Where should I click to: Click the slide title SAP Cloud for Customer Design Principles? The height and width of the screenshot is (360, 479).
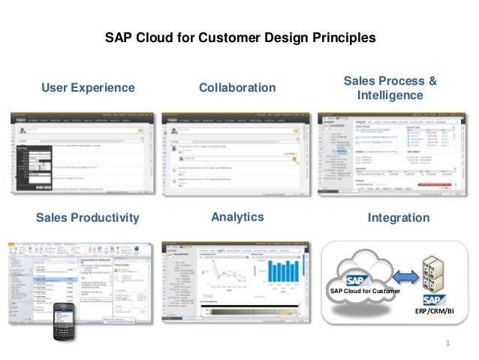239,37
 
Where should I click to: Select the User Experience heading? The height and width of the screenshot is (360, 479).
88,89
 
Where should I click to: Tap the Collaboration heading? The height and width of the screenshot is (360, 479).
237,89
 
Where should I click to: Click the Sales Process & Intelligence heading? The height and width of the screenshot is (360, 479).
390,89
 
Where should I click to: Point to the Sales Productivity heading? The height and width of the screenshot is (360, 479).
88,218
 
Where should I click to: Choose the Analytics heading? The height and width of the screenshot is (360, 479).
237,217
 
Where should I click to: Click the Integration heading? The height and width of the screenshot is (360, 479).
399,218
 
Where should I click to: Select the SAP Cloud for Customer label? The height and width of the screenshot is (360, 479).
364,291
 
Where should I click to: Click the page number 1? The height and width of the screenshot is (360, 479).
447,345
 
